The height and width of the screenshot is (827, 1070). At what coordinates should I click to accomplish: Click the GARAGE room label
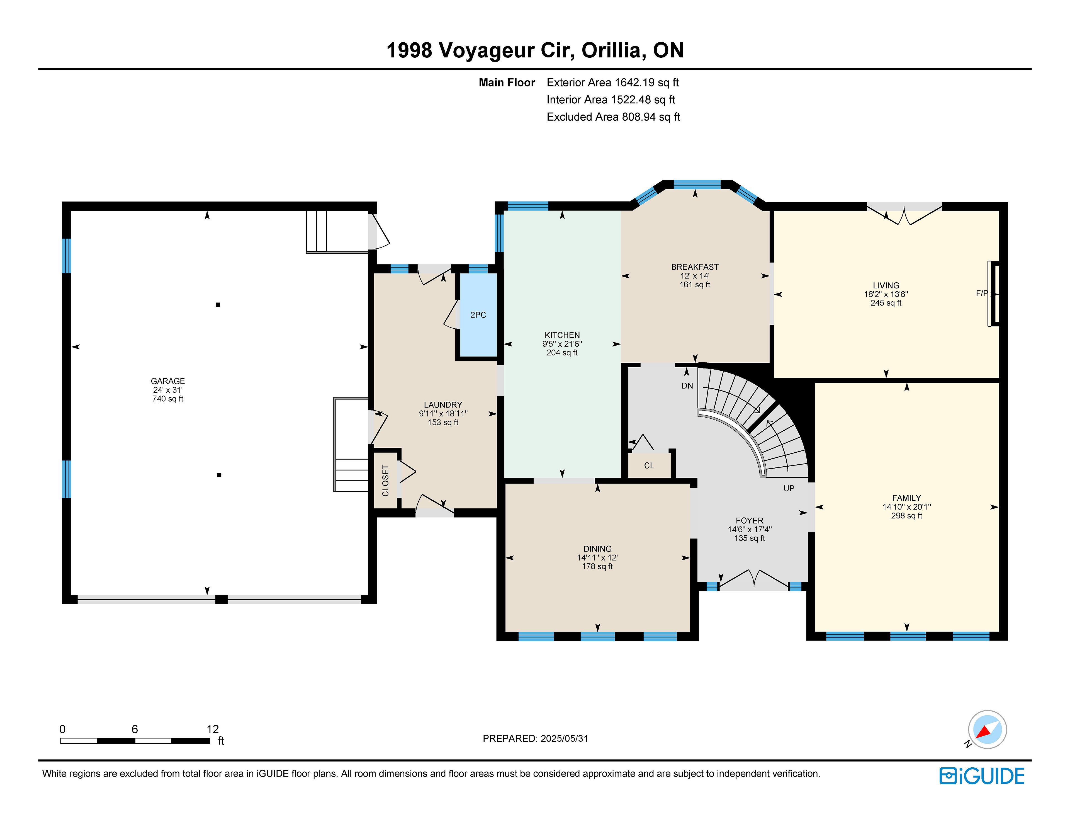point(167,381)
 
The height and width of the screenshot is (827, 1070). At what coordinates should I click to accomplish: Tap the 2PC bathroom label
point(478,315)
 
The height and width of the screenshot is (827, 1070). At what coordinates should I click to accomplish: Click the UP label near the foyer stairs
point(789,488)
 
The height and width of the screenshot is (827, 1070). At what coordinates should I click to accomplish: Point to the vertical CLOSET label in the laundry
point(386,481)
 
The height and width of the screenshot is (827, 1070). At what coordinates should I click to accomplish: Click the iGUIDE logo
point(982,775)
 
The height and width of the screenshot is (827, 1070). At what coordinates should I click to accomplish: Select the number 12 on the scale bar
point(213,729)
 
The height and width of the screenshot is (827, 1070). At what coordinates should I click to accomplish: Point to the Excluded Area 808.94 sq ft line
point(613,117)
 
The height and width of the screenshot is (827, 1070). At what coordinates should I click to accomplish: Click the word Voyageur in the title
point(507,50)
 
